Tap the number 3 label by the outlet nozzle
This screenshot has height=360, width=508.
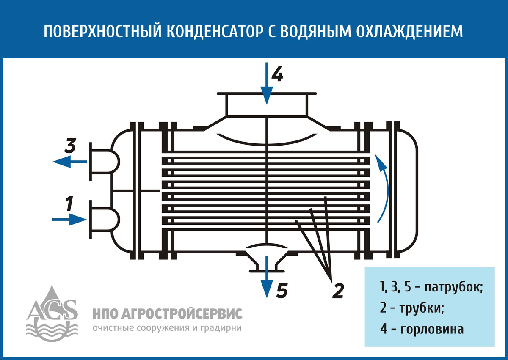tap(70, 146)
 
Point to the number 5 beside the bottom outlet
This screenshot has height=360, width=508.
tap(282, 291)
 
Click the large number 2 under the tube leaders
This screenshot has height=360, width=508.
tap(337, 291)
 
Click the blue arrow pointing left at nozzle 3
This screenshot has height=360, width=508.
tap(69, 161)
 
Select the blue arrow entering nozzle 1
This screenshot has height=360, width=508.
tap(69, 219)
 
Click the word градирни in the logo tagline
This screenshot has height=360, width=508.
tap(222, 328)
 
